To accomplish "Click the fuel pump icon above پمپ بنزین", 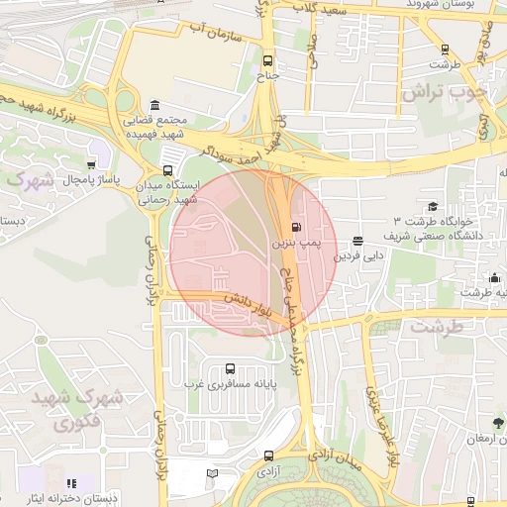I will [299, 225].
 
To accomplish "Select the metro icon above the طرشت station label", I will [444, 49].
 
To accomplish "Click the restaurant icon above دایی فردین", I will [356, 240].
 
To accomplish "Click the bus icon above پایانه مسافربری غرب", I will [231, 367].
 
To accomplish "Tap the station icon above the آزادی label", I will [269, 456].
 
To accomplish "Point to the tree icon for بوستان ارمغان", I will [499, 423].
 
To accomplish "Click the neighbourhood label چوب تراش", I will [445, 91].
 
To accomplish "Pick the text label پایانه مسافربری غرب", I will [230, 384].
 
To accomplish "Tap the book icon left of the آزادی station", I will [211, 474].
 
